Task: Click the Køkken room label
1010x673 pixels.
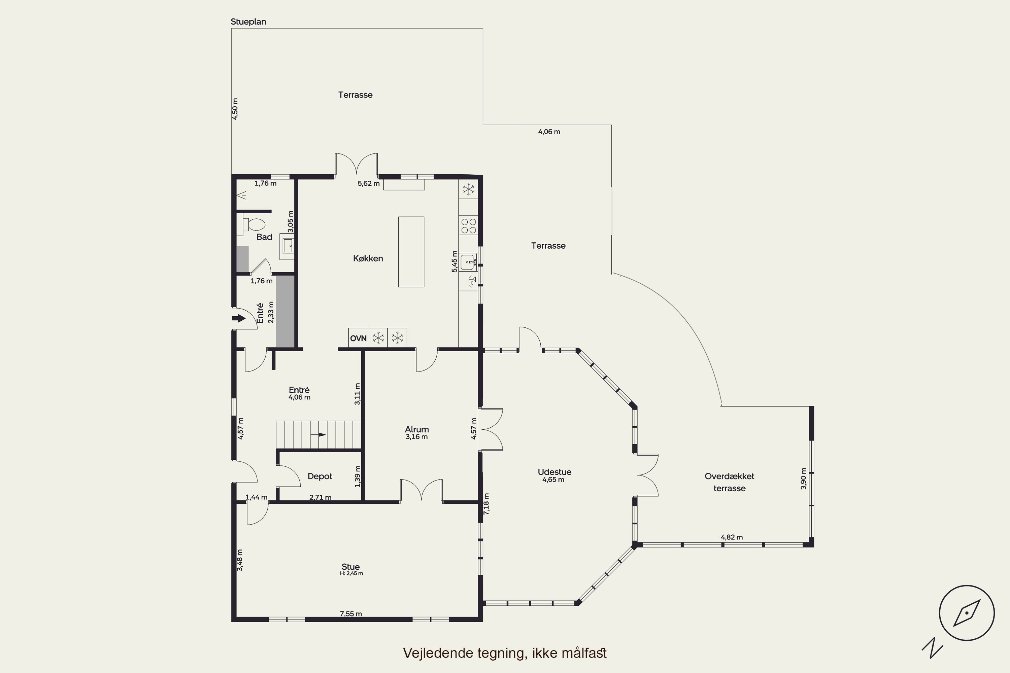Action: tap(368, 258)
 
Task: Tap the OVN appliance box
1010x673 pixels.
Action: tap(358, 338)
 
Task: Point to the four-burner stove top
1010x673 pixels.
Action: tap(468, 226)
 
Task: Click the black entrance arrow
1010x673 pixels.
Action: tap(238, 318)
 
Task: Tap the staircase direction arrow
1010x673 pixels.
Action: tap(318, 435)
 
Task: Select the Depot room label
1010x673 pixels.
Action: tap(320, 476)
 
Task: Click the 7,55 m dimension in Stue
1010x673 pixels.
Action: tap(351, 614)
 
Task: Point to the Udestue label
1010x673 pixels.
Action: tap(554, 472)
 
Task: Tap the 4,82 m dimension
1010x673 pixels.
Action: tap(732, 537)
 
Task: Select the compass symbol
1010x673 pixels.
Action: tap(967, 613)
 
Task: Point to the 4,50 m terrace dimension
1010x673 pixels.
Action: tap(235, 109)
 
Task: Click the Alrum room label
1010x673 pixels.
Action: tap(417, 429)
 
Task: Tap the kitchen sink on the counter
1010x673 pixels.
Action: tap(468, 262)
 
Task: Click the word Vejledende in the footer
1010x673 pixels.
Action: tap(438, 653)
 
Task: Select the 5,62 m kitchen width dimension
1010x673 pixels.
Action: tap(368, 184)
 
